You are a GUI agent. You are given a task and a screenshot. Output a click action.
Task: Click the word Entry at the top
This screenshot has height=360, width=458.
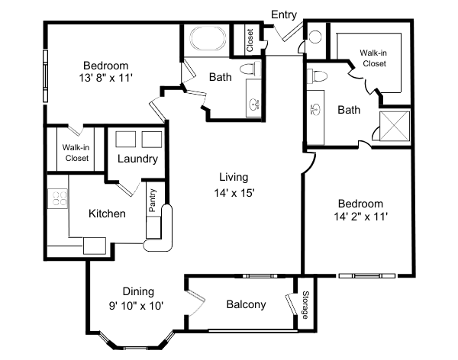(284, 14)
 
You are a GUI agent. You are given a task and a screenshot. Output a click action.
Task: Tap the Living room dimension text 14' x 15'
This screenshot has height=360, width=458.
(234, 193)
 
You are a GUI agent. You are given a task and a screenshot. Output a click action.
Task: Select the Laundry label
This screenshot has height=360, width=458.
(138, 159)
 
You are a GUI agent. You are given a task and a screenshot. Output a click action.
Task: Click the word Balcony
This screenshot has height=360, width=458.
(246, 304)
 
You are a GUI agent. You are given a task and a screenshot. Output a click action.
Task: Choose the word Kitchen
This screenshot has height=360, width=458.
(107, 214)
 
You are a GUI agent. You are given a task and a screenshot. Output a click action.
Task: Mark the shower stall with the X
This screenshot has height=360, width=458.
(396, 126)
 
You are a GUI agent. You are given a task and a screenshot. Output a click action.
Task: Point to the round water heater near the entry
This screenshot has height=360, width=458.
(315, 37)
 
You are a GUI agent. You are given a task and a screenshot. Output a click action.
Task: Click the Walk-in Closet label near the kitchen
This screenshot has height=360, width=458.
(76, 153)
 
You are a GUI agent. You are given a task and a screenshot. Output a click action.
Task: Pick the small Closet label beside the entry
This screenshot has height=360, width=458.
(250, 40)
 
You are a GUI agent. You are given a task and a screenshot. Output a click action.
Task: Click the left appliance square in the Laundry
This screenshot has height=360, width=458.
(126, 139)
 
